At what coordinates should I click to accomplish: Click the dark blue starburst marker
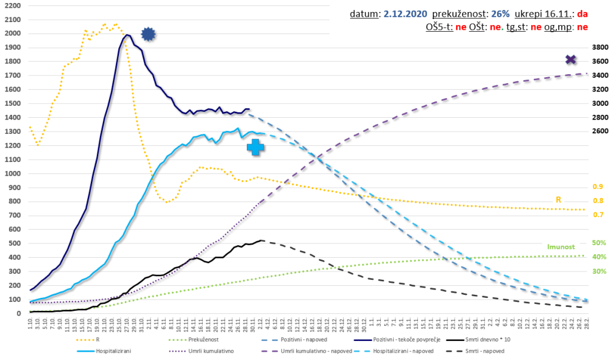click(148, 35)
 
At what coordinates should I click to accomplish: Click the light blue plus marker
click(255, 147)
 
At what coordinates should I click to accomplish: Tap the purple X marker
click(571, 59)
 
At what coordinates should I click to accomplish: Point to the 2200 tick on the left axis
click(12, 5)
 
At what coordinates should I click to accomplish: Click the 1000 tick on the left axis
click(12, 173)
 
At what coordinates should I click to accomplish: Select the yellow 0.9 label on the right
click(597, 187)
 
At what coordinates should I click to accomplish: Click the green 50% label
click(599, 243)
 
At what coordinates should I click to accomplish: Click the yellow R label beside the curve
click(559, 200)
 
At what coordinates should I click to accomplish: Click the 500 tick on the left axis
click(14, 243)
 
